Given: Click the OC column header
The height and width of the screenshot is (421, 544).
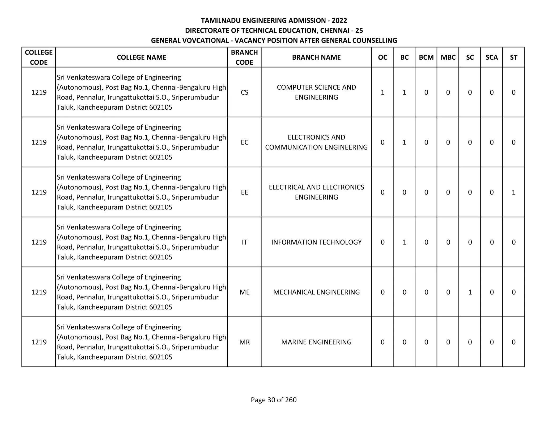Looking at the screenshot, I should pyautogui.click(x=382, y=57).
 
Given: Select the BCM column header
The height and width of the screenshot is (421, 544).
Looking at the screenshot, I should pyautogui.click(x=426, y=57).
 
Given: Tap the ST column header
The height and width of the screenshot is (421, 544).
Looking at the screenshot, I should pyautogui.click(x=513, y=57).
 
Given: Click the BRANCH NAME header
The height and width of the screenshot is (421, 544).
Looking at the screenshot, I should pyautogui.click(x=316, y=57).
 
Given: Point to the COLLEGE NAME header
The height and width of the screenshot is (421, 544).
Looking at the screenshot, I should pyautogui.click(x=141, y=57).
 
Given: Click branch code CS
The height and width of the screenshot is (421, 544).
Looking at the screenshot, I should pyautogui.click(x=244, y=92).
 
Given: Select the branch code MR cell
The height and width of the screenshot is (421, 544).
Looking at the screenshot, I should pyautogui.click(x=244, y=342).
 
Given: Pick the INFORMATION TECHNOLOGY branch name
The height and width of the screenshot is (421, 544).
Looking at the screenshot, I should pyautogui.click(x=316, y=242).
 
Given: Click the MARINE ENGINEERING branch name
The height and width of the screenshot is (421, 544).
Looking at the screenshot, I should pyautogui.click(x=316, y=342).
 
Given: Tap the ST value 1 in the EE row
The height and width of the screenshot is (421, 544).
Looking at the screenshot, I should pyautogui.click(x=513, y=192).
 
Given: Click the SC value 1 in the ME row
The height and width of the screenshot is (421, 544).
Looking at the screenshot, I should pyautogui.click(x=470, y=292).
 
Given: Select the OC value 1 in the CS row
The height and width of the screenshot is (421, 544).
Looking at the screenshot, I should pyautogui.click(x=382, y=92).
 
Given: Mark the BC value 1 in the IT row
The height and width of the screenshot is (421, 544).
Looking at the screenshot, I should pyautogui.click(x=404, y=242).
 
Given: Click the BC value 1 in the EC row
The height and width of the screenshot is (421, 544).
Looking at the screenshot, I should pyautogui.click(x=404, y=142).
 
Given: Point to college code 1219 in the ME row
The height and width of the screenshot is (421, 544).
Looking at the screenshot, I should pyautogui.click(x=39, y=292).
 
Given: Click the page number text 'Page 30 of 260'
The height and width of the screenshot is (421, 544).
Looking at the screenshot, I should pyautogui.click(x=274, y=400).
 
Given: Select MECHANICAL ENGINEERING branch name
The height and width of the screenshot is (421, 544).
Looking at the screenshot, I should pyautogui.click(x=316, y=292).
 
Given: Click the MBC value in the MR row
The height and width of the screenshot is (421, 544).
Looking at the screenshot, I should pyautogui.click(x=448, y=342).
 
